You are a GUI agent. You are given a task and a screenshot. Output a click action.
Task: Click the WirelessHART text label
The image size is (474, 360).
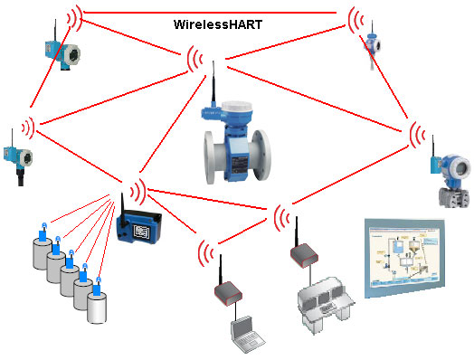click(218, 25)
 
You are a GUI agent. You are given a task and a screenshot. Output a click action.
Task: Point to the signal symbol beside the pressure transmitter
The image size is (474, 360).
click(418, 137)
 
